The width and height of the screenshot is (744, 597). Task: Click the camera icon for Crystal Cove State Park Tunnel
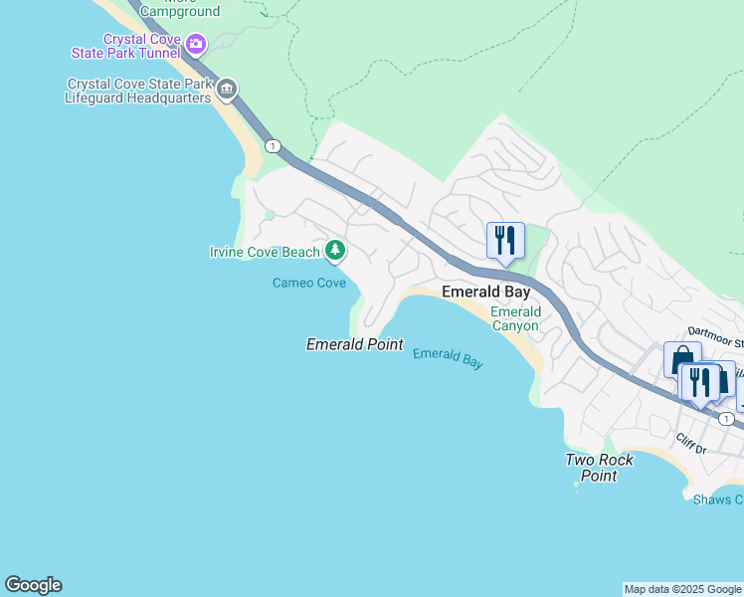196,44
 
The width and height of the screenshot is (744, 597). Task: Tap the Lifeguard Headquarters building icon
227,91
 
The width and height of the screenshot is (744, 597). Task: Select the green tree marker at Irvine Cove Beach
336,251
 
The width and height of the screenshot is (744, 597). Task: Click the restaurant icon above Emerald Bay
505,240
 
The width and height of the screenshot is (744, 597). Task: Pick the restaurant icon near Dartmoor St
701,382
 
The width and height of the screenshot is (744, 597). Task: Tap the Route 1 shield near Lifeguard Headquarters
272,146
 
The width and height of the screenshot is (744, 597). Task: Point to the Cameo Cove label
309,284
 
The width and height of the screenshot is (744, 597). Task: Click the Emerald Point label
354,344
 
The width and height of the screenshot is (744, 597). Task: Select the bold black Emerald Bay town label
485,293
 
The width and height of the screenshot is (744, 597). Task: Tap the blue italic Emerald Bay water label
448,358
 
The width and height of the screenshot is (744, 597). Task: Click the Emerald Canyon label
515,318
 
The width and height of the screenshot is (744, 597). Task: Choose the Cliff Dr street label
689,444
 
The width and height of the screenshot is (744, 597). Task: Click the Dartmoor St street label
715,332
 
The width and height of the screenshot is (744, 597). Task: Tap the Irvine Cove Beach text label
265,252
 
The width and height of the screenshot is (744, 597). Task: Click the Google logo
33,585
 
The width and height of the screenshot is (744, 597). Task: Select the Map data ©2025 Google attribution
682,589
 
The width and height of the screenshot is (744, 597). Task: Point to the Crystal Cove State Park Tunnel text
126,45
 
